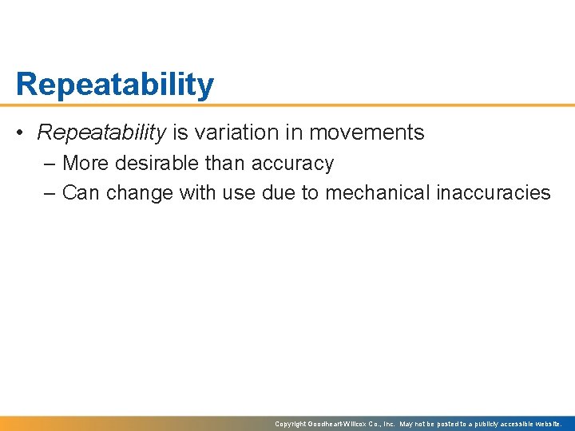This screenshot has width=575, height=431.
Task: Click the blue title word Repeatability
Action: (x=114, y=85)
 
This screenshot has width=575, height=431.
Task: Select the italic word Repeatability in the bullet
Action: (x=101, y=132)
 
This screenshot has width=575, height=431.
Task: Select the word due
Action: (x=280, y=192)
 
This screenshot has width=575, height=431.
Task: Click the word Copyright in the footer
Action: (x=291, y=425)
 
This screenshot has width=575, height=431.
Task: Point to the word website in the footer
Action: (x=551, y=425)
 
